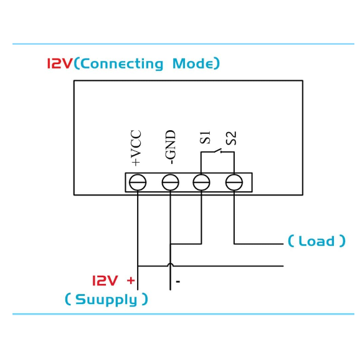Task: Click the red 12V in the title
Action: (x=60, y=64)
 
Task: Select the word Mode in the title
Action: (x=193, y=64)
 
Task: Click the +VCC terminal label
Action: (x=136, y=148)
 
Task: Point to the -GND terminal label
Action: (x=170, y=147)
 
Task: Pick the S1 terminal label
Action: (x=205, y=138)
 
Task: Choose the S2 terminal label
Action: (x=230, y=138)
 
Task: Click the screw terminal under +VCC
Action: (x=138, y=182)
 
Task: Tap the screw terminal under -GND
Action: (x=171, y=182)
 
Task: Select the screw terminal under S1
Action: (x=201, y=182)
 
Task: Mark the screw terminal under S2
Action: (x=234, y=182)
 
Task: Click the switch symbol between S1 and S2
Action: (x=218, y=151)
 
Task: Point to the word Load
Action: (x=316, y=241)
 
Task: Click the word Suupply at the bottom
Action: (x=107, y=300)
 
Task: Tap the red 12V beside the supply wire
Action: (x=105, y=280)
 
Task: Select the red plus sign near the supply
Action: (x=131, y=280)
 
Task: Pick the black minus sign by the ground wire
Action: (x=178, y=282)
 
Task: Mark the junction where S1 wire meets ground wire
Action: (x=171, y=244)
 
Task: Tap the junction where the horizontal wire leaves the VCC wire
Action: (x=138, y=266)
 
